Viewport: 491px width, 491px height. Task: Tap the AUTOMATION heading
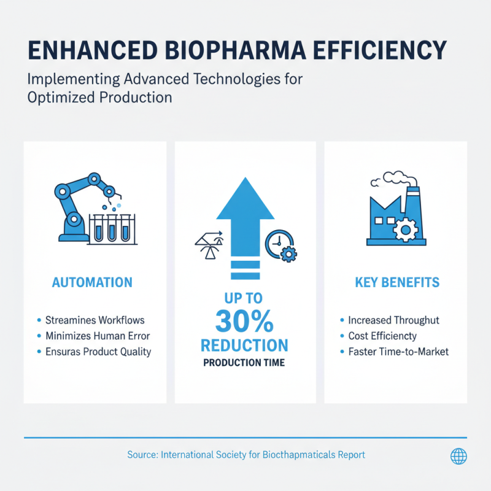92,283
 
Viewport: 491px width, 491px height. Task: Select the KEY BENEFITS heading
397,283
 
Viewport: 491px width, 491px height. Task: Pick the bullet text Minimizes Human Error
98,336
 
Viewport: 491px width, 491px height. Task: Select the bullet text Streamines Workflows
95,320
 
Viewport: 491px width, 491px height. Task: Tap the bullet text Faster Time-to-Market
398,352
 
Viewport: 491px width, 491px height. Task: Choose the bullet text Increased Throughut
393,320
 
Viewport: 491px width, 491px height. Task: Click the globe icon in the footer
458,455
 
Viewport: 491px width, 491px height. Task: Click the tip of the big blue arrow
245,180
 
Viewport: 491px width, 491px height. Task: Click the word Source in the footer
142,455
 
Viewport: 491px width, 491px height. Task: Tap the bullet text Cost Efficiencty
382,336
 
